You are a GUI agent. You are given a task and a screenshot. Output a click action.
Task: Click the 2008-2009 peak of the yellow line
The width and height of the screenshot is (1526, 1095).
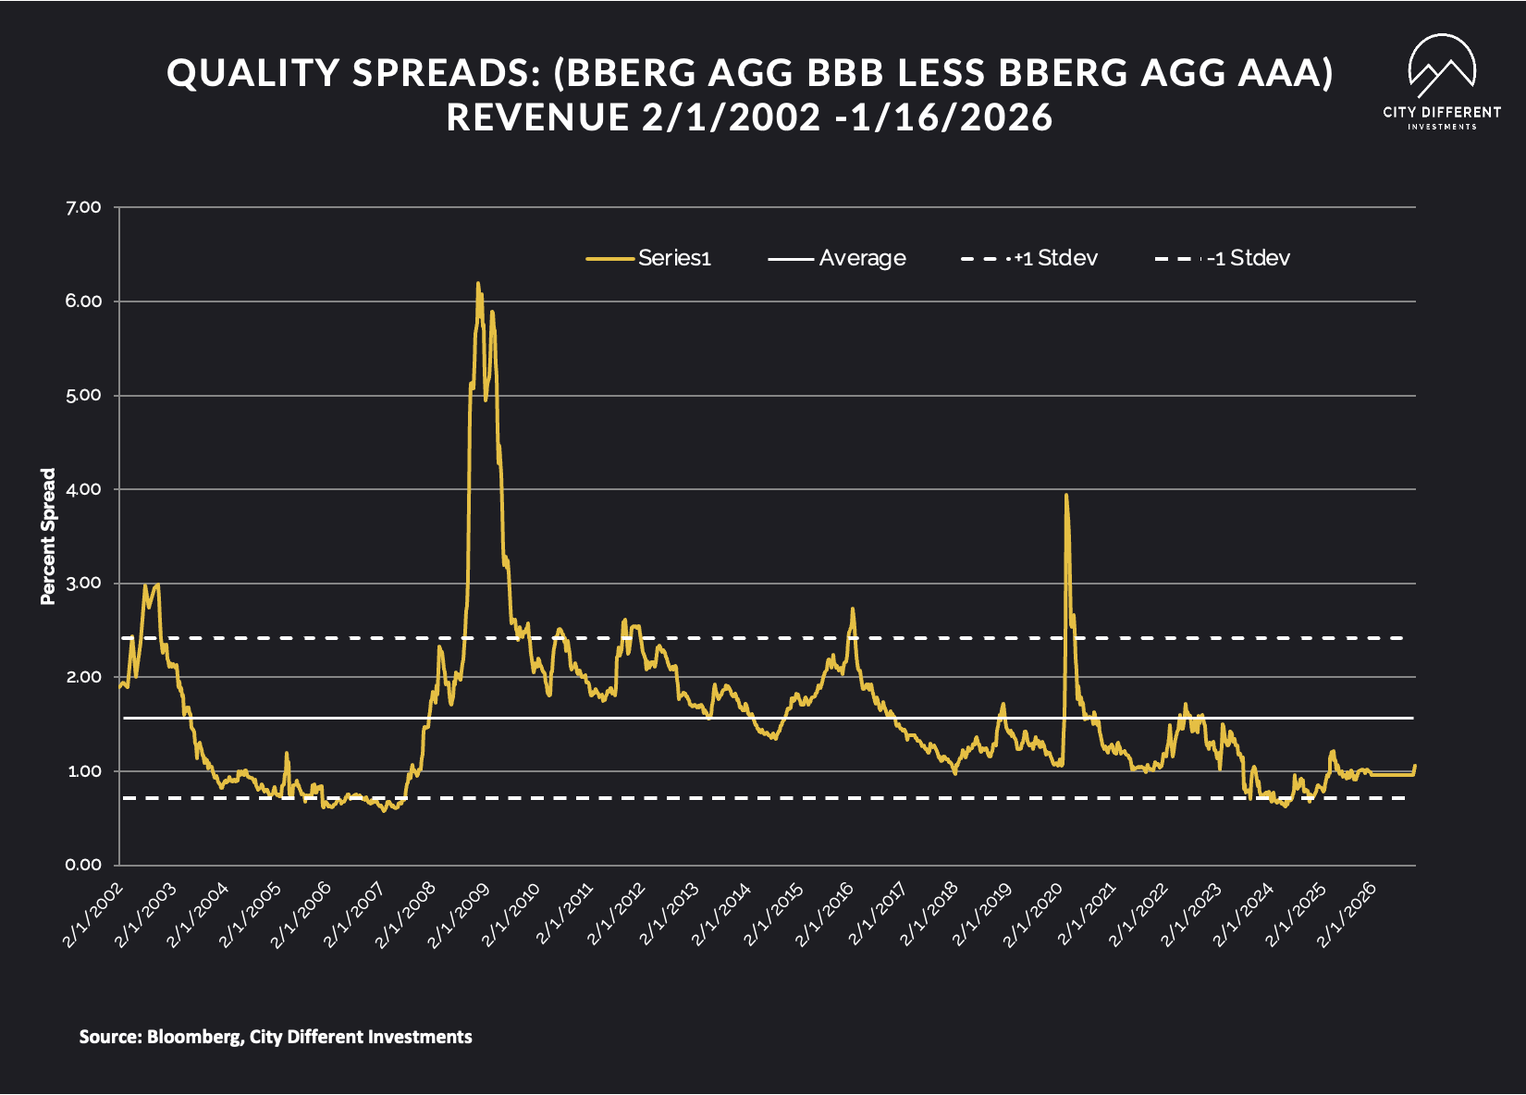477,285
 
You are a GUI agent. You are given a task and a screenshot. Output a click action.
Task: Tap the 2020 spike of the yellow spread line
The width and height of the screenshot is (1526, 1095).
1066,496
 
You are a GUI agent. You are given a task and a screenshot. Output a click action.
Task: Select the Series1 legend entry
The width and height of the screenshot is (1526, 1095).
649,258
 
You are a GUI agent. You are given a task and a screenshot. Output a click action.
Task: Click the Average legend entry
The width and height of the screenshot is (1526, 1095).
837,258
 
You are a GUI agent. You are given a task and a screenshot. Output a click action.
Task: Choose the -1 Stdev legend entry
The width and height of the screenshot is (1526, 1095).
1223,258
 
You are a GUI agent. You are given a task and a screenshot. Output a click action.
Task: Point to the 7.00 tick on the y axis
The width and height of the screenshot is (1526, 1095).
83,207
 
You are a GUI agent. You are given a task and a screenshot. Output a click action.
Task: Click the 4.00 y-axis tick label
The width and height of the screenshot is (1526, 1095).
83,489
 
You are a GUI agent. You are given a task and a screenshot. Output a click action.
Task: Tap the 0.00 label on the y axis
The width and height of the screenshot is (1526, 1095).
83,865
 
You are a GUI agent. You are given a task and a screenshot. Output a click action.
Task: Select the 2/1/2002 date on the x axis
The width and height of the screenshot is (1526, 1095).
92,916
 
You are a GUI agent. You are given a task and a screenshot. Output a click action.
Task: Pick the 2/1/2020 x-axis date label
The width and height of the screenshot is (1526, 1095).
1033,916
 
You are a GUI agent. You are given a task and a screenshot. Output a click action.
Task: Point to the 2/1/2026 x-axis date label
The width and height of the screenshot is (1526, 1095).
1347,916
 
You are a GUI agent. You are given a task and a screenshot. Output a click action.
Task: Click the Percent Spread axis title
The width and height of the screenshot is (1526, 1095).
48,536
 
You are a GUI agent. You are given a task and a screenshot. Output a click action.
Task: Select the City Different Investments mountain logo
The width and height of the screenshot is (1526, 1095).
1442,67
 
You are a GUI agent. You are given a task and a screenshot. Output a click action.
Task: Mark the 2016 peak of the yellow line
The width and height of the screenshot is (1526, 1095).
853,609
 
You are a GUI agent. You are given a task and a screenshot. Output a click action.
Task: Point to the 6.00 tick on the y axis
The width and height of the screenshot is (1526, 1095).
83,301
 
